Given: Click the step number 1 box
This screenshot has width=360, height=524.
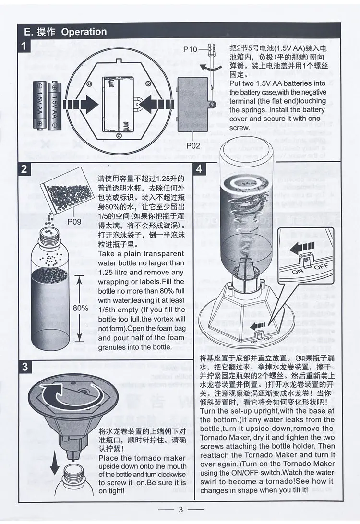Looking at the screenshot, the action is [24, 46].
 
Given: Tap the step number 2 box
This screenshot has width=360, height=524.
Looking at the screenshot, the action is [24, 169].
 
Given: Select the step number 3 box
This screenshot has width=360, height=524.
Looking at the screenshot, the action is [25, 367].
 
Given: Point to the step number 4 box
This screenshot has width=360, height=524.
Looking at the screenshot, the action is [200, 169].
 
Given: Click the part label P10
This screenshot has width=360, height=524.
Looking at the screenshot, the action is [191, 49].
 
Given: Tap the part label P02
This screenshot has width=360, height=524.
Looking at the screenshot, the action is [193, 146].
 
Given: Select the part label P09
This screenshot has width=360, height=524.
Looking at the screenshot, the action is [74, 221].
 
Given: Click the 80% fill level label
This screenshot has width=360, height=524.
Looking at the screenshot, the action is [81, 308].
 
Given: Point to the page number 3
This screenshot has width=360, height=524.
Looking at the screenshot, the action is [181, 509].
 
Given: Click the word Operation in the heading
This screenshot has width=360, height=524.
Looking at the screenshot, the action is [84, 32].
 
